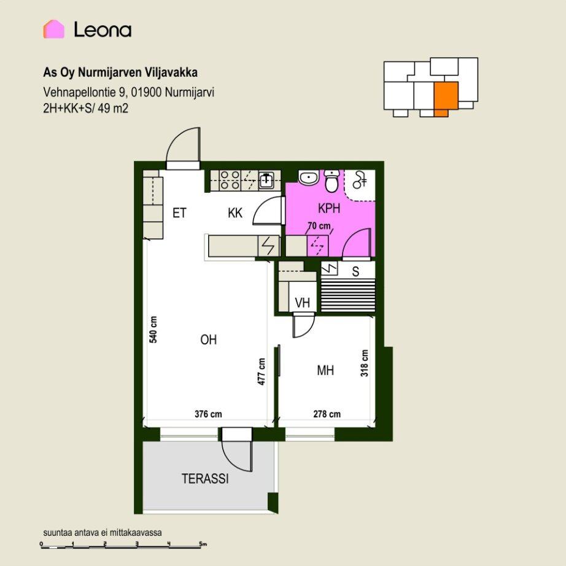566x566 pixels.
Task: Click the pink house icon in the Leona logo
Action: point(54,29)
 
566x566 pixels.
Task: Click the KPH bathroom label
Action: point(329,208)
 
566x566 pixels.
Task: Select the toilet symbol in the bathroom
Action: point(331,181)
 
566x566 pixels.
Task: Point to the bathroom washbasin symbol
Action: point(308,177)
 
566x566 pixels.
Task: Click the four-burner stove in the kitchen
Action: point(230,180)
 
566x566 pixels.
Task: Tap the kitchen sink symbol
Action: point(267,179)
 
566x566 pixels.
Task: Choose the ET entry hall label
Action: point(179,213)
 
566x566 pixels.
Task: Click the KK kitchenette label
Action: point(235,213)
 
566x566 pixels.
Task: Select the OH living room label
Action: point(208,339)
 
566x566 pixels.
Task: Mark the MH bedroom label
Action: point(325,370)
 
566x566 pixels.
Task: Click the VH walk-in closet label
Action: point(302,303)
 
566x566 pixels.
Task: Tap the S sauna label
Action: point(355,271)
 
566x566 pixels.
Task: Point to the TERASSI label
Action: point(205,479)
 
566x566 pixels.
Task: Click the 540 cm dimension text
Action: point(153,329)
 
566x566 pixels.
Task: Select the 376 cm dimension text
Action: point(208,414)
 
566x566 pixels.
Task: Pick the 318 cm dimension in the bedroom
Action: point(365,363)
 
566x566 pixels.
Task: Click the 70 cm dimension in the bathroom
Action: point(319,226)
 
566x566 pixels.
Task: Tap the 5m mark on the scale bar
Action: point(202,544)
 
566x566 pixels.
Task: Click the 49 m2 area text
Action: point(113,108)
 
